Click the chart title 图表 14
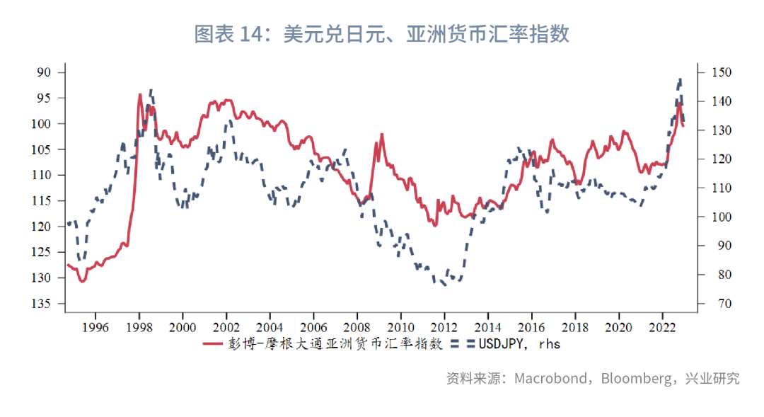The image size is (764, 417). [381, 34]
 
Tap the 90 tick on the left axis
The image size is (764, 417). [45, 72]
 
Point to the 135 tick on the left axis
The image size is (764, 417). [42, 303]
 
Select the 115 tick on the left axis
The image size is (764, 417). [42, 200]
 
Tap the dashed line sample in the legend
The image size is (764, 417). [461, 344]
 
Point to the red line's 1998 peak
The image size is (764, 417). [140, 94]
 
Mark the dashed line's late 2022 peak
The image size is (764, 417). [680, 79]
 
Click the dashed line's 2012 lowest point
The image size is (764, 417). [445, 285]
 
